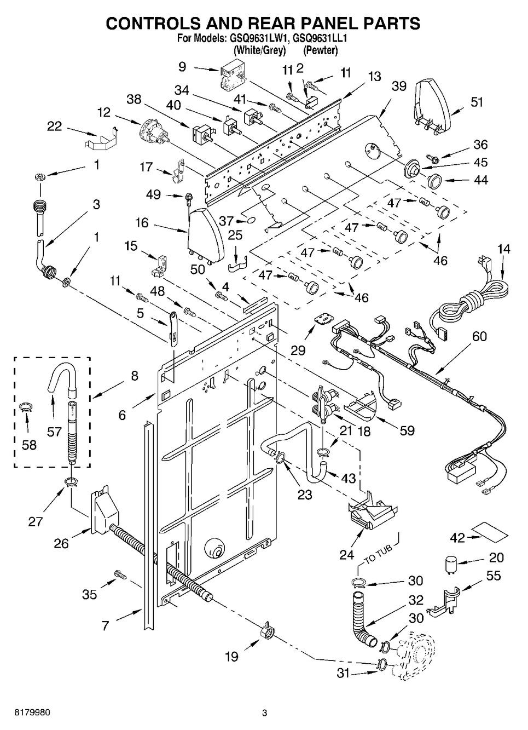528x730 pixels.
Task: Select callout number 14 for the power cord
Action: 503,250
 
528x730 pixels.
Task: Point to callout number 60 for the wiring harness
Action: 479,336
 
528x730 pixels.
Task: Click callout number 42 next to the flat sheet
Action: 458,537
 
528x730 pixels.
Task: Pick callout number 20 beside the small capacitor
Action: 496,559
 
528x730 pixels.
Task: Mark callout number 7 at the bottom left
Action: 106,625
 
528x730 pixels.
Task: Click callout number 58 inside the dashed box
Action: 29,445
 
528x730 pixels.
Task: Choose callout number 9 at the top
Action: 182,67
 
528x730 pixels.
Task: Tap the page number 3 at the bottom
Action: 264,713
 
